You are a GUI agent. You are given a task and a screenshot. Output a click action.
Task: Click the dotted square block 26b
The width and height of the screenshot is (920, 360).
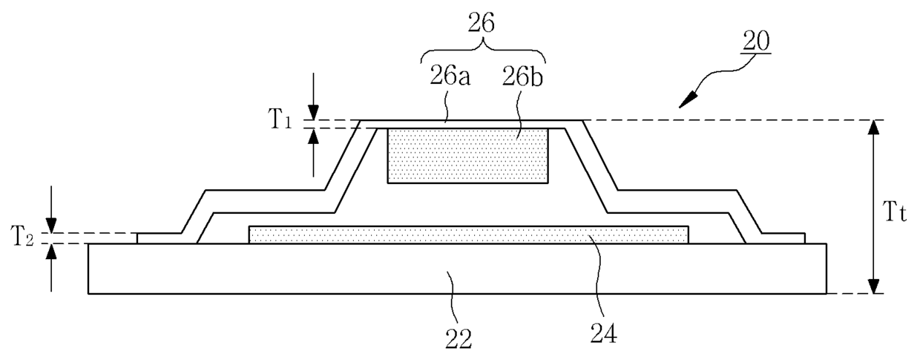468,155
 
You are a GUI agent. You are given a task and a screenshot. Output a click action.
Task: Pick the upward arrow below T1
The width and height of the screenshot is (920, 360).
315,136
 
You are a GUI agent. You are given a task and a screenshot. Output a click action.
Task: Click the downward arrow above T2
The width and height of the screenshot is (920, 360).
50,226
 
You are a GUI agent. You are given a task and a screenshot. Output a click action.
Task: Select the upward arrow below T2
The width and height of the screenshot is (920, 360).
50,251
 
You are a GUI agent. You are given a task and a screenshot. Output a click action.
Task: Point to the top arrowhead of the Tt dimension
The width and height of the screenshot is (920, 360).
875,128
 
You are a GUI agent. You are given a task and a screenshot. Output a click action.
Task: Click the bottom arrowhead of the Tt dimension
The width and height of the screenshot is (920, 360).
875,287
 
